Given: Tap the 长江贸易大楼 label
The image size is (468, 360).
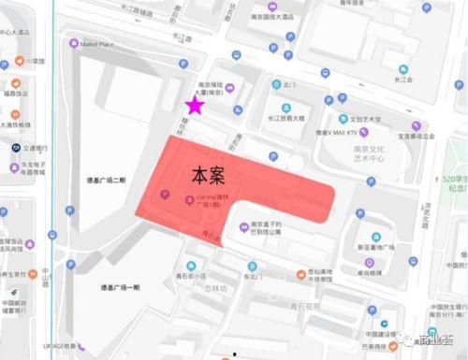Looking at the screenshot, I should coord(285,119).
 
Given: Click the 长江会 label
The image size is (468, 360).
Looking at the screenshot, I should coord(404,80).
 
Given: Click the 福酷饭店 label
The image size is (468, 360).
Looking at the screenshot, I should coord(18,93).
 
